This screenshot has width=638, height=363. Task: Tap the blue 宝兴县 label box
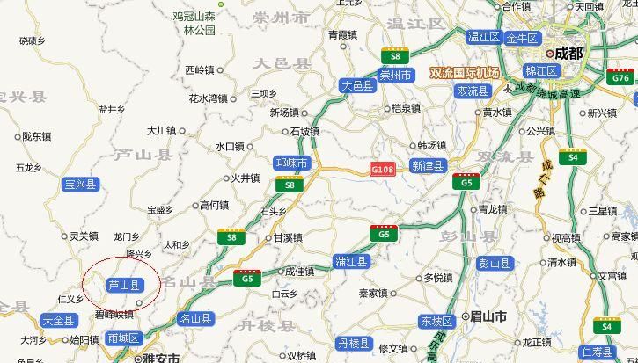(x=80, y=185)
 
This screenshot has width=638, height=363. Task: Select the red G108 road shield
(x=383, y=168)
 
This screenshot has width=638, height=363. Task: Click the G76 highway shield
(x=621, y=78)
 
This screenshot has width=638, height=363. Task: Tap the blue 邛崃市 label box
(x=291, y=163)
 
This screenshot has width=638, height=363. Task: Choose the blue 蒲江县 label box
(x=351, y=260)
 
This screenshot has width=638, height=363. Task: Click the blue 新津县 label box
(x=429, y=165)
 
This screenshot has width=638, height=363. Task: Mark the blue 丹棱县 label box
(x=355, y=342)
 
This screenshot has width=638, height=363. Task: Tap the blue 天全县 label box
(x=59, y=320)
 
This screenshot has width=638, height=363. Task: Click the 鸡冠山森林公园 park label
(x=194, y=23)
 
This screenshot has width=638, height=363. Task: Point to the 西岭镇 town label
(x=200, y=69)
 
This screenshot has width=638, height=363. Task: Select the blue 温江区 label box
(x=484, y=36)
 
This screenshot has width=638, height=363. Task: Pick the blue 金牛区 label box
(x=521, y=38)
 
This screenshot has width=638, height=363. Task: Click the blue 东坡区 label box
(x=436, y=321)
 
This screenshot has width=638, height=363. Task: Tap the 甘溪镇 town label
(x=288, y=238)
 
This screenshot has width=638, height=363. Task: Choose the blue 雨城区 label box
(x=122, y=338)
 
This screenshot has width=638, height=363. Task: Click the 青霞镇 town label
(x=343, y=35)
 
